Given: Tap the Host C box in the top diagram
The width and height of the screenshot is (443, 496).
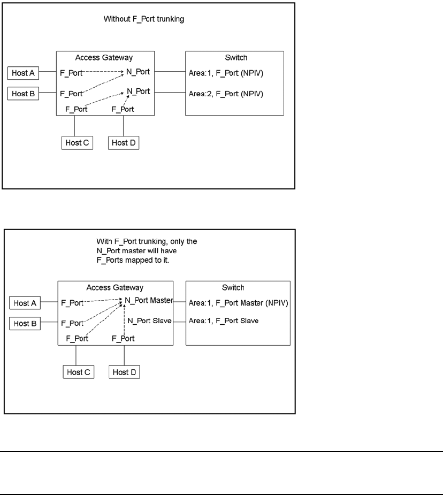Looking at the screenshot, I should (x=77, y=143).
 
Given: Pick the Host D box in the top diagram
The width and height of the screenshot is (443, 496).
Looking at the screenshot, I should (x=124, y=143).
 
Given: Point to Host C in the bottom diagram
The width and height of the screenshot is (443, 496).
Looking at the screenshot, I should (x=78, y=372).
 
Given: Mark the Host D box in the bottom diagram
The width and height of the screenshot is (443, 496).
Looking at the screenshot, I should (x=125, y=372).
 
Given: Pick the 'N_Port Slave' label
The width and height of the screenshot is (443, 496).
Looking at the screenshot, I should (x=147, y=321).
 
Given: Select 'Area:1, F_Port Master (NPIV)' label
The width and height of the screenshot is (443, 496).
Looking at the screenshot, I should (x=239, y=303).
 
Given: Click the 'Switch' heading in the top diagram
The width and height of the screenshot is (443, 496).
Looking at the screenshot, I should (x=234, y=57).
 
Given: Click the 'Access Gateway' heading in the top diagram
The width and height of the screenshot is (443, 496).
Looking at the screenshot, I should (x=106, y=57).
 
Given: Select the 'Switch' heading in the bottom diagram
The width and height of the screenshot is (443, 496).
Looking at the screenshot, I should (x=238, y=287).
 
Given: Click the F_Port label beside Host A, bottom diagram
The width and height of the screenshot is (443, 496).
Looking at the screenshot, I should (x=72, y=303).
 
